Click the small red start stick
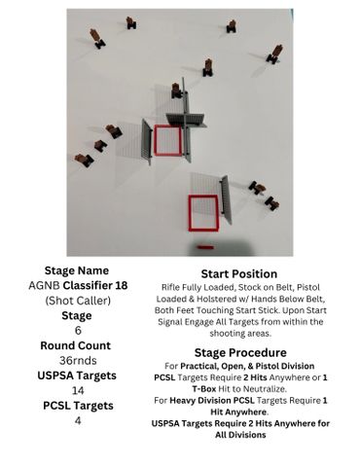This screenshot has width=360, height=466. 205,247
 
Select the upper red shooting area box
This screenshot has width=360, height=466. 155,140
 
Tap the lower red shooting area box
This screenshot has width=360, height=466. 191,213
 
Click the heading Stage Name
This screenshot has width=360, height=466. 77,270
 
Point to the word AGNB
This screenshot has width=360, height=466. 44,285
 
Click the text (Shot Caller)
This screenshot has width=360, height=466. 78,301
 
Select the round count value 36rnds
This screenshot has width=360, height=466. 78,360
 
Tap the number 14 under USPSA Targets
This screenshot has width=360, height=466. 78,390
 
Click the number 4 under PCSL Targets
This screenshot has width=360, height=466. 78,420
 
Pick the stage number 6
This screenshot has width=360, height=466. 78,331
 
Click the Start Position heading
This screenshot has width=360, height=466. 239,274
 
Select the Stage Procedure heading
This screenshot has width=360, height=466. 240,352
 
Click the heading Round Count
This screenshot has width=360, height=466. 76,345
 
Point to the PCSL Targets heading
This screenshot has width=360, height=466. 78,406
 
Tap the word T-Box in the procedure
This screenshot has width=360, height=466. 204,388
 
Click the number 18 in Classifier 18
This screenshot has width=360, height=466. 121,285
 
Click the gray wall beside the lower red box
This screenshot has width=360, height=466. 227,200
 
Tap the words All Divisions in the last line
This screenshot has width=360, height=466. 240,435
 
